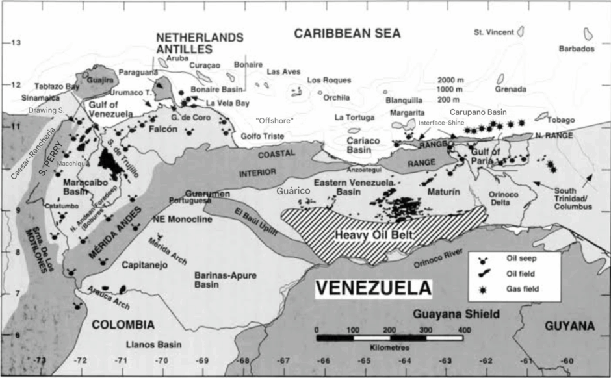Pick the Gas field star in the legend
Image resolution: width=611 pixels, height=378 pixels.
pos(484,288)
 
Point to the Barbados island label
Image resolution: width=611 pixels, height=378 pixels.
pos(577,49)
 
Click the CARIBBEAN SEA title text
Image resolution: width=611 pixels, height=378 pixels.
pos(347,33)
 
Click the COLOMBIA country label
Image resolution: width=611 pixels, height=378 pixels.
pos(123,325)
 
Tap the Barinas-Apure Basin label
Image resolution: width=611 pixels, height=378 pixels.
pos(226,279)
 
